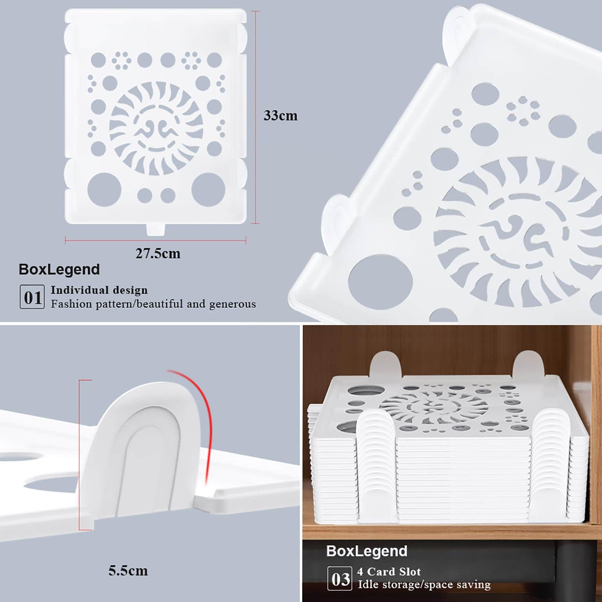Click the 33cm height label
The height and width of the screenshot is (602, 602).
point(280,116)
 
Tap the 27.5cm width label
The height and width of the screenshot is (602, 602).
point(158,254)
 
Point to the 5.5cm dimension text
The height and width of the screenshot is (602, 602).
point(128,571)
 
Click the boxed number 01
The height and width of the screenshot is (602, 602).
point(32,297)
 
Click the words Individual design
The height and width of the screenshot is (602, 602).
point(99,290)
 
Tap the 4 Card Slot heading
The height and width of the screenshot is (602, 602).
point(389,572)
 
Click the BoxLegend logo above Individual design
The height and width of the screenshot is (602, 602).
point(59,269)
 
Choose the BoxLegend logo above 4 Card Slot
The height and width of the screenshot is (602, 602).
point(366,551)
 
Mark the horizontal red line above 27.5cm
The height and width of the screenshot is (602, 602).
point(155,240)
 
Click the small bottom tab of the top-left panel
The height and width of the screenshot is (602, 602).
point(156,229)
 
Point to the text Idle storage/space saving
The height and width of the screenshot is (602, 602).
point(424,585)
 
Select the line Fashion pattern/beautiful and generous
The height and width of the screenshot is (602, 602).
point(154,304)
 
